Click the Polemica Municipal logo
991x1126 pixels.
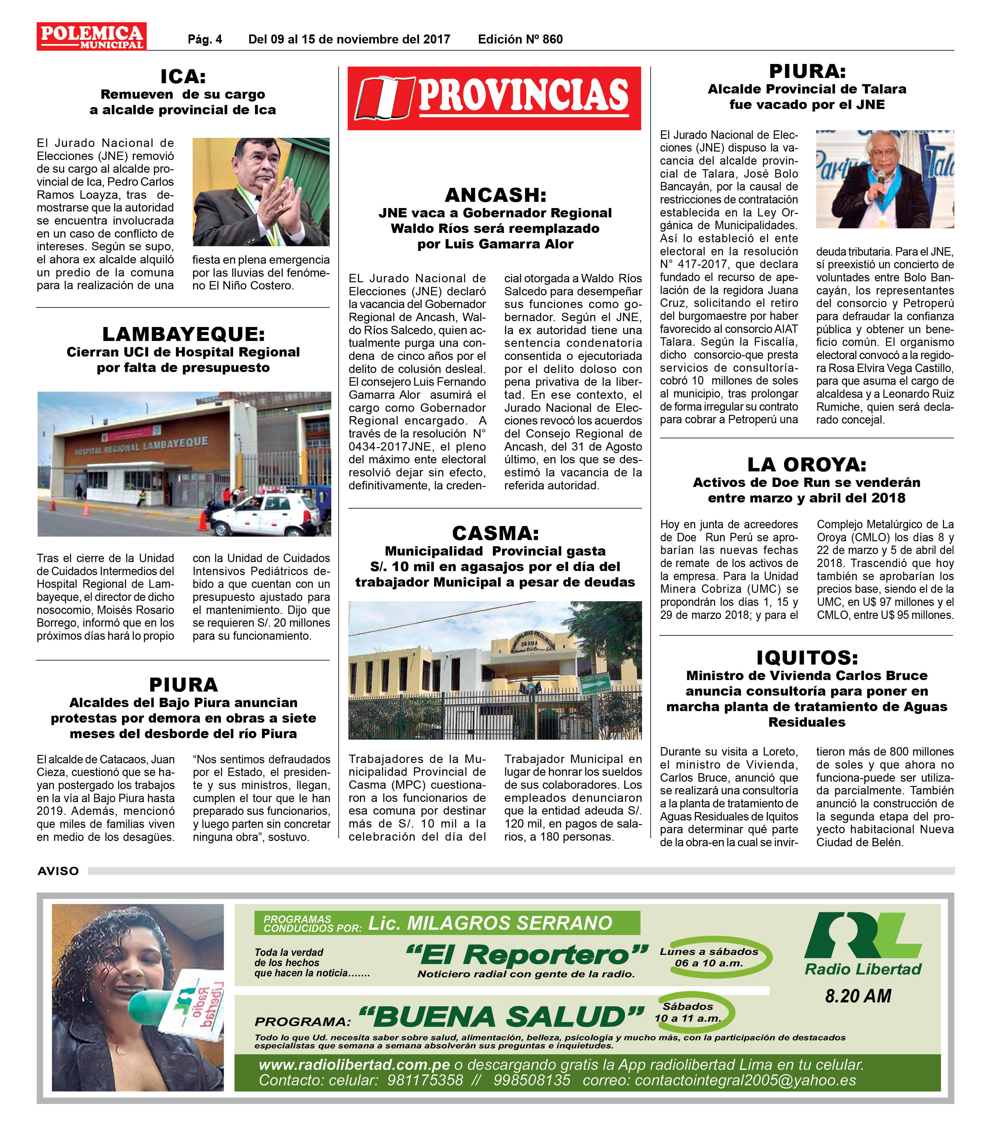(x=91, y=36)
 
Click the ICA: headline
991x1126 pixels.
(x=183, y=76)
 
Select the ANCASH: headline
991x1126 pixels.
(x=495, y=195)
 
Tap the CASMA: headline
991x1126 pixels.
(x=495, y=533)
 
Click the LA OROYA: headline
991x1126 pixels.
(x=806, y=464)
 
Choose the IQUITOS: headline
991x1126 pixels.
(x=806, y=658)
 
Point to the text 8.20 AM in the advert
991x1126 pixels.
(x=858, y=996)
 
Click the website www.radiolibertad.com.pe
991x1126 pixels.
(x=354, y=1065)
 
